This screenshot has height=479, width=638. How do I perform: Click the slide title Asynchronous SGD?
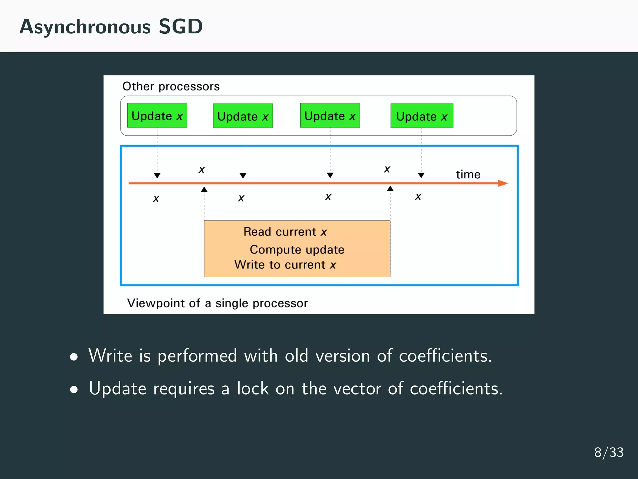coord(111,27)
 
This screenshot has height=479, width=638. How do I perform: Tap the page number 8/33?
coord(609,452)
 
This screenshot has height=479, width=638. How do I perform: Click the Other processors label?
coord(171,86)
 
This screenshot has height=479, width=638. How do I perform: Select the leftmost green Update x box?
coord(157,115)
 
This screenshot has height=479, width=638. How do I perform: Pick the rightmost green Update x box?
coord(422,116)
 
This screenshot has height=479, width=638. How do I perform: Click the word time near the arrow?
coord(468,175)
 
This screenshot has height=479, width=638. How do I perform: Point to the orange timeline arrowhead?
coord(503,183)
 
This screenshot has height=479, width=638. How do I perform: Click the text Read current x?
coord(285,232)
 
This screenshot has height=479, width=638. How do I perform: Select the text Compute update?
coord(297,249)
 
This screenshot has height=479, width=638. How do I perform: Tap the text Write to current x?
coord(285,265)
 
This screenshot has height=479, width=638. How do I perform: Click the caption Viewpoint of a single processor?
coord(217,303)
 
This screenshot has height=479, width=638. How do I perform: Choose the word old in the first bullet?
coord(296,356)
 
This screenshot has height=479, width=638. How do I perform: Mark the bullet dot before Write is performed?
coord(74,357)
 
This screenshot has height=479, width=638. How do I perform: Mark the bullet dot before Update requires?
coord(74,389)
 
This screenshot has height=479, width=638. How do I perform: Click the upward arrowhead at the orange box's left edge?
coord(204,189)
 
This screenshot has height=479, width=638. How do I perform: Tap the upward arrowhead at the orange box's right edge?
coord(390,188)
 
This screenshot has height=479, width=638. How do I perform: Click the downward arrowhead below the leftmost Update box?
coord(157,176)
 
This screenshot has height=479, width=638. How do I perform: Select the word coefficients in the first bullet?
coord(445,356)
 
